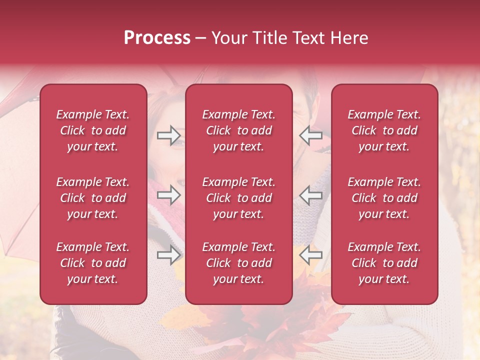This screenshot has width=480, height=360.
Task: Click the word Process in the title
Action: tap(157, 38)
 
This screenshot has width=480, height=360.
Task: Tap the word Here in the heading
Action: tap(348, 38)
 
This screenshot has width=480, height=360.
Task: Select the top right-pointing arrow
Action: tap(169, 135)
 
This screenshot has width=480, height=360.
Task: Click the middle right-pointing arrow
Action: tap(169, 195)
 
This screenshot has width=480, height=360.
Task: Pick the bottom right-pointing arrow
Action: tap(169, 255)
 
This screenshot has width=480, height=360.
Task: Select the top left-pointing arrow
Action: tap(311, 135)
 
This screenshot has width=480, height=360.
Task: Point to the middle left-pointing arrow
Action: tap(311, 195)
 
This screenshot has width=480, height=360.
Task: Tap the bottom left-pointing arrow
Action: tap(311, 255)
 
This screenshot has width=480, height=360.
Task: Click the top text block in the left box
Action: tap(93, 130)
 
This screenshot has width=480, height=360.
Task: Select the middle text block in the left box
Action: tap(93, 198)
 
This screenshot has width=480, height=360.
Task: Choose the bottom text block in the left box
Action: tap(93, 263)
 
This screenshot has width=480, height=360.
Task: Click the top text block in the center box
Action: tap(238, 130)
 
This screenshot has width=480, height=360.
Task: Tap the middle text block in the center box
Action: tap(238, 198)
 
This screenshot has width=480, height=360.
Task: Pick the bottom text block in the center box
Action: tap(238, 263)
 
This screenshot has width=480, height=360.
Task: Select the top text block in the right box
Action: tap(384, 130)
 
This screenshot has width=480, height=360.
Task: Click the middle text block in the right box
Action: tap(384, 198)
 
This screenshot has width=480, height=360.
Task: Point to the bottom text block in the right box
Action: tap(384, 263)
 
